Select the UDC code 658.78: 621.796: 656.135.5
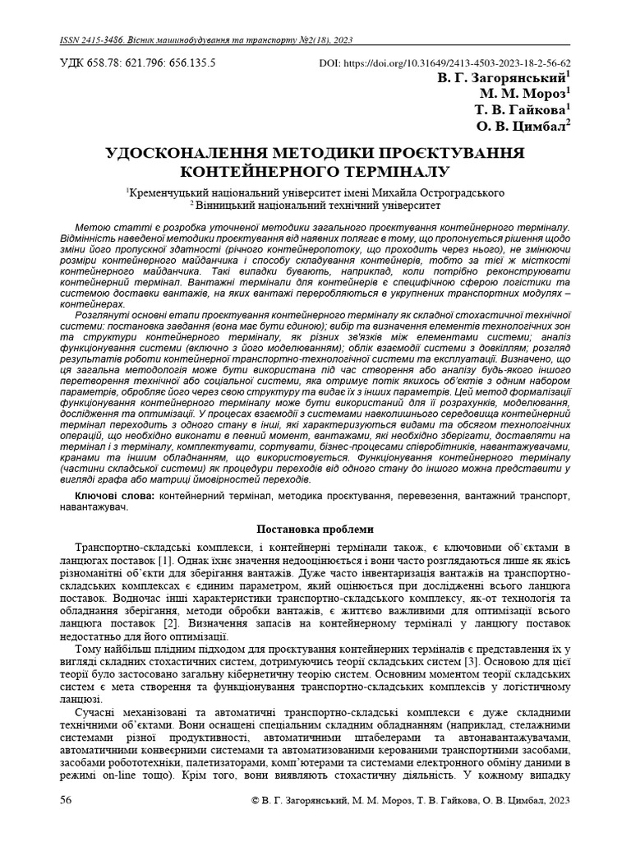pyautogui.click(x=152, y=62)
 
